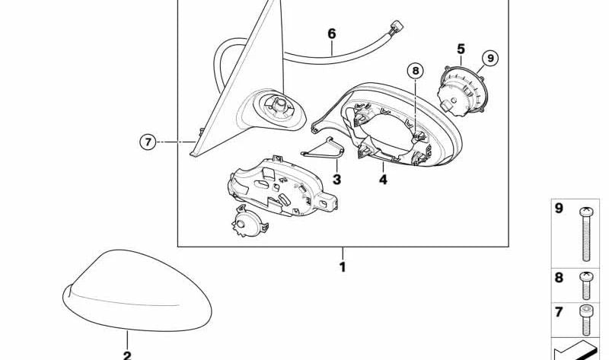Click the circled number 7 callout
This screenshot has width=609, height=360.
tap(148, 142)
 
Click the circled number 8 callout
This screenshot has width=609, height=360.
tap(416, 71)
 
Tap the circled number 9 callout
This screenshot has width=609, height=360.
tap(490, 59)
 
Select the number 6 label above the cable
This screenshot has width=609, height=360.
tap(331, 33)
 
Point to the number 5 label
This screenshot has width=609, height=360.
tap(461, 49)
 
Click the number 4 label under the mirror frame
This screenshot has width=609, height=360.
tap(383, 180)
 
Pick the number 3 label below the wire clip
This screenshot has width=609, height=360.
tap(336, 180)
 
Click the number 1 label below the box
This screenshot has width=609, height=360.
tap(343, 267)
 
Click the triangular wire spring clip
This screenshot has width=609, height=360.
tap(323, 148)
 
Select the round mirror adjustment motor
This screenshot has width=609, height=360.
tap(462, 90)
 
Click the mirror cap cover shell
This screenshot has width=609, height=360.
tap(137, 291)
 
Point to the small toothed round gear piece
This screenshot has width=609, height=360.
tap(249, 221)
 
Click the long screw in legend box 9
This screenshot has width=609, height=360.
tap(585, 234)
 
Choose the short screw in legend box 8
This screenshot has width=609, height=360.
tap(585, 285)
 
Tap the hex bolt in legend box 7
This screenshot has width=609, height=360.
tap(585, 320)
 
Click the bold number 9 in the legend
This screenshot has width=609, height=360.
tap(559, 209)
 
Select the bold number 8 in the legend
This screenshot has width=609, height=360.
tap(559, 278)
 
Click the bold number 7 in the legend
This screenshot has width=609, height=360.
tap(559, 312)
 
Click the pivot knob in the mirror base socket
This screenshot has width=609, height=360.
tap(279, 104)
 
